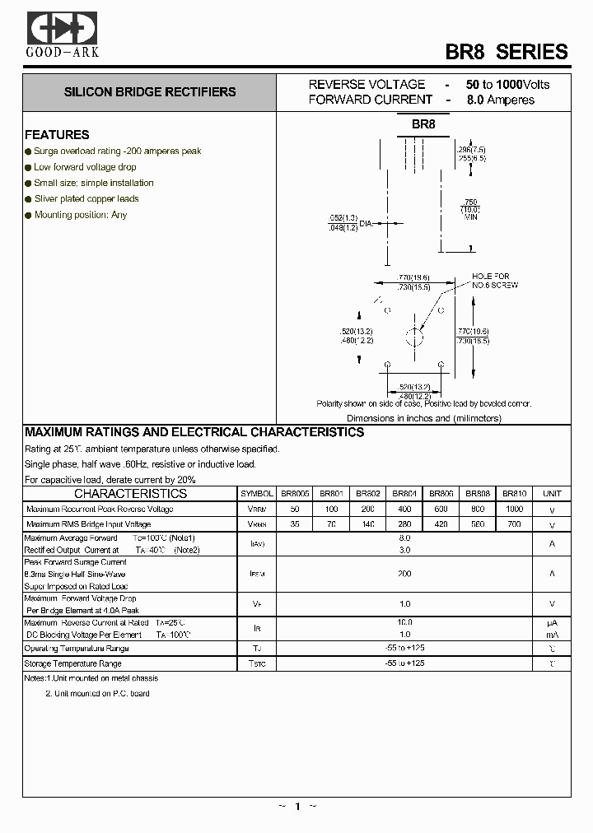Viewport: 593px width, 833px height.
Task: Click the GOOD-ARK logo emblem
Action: click(63, 28)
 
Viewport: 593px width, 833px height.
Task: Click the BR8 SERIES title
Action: click(507, 51)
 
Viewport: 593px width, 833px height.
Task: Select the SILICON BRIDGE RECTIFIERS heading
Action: click(150, 92)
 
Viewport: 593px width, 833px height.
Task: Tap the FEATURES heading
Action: click(57, 135)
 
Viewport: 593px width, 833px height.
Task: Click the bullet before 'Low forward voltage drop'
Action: click(28, 167)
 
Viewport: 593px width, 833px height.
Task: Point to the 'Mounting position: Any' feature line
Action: click(81, 215)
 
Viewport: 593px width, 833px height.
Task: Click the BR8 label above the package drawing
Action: click(423, 124)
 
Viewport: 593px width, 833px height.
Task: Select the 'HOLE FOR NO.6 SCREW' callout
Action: click(491, 281)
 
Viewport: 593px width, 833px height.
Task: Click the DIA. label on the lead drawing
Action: click(367, 223)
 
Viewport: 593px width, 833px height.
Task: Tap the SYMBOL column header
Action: click(257, 494)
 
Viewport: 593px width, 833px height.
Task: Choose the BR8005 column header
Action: click(294, 494)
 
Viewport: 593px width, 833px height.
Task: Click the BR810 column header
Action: click(515, 494)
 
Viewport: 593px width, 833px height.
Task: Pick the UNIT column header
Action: click(552, 494)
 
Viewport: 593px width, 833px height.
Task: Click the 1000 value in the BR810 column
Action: click(515, 509)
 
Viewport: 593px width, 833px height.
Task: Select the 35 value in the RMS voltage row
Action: click(294, 524)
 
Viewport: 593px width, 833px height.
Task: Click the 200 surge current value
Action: click(404, 574)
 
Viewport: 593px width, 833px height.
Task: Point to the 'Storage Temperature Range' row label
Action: click(72, 663)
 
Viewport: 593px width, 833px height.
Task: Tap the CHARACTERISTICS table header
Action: click(131, 494)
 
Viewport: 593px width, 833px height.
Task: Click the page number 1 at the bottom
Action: click(296, 807)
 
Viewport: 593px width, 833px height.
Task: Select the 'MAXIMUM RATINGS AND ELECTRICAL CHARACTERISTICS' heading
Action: click(194, 432)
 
